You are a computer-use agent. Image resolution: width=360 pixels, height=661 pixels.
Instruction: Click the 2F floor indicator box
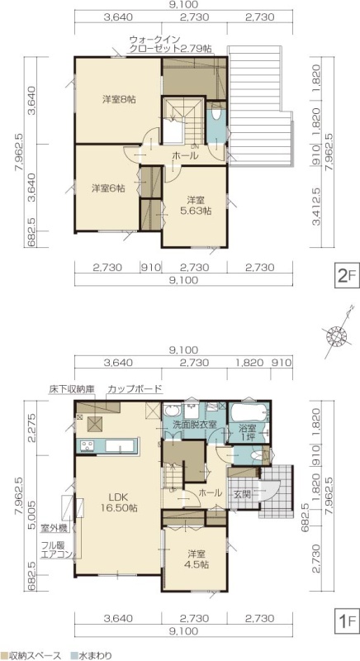[347, 276]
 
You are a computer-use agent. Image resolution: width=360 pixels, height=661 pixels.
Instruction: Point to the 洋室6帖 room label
[108, 188]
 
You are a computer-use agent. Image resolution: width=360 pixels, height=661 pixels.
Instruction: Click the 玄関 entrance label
[242, 493]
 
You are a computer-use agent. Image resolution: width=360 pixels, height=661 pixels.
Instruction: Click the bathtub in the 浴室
[248, 412]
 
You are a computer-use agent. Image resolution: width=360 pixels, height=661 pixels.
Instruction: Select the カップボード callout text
[135, 388]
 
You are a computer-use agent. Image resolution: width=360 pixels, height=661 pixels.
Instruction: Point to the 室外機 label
[52, 527]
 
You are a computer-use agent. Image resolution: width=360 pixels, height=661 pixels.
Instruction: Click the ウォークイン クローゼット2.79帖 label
[171, 44]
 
